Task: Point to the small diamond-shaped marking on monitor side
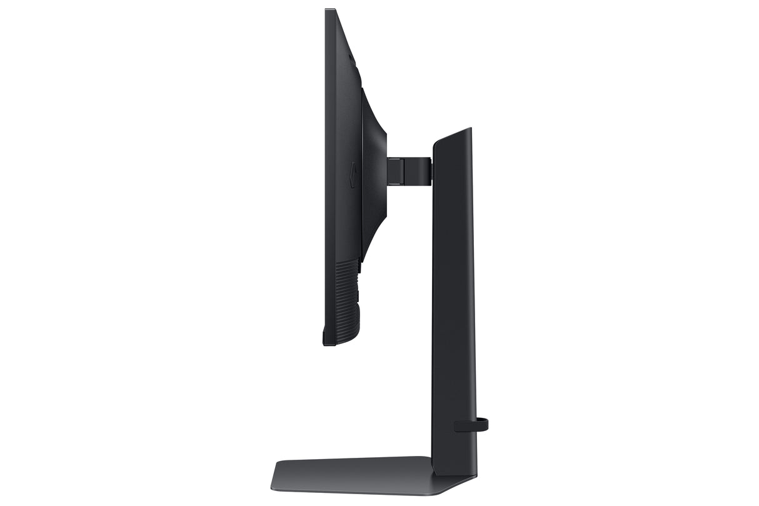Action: [353, 175]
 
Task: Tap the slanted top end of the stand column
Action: [451, 135]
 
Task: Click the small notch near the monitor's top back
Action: [351, 59]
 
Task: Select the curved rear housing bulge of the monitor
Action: [374, 175]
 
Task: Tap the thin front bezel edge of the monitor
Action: [326, 175]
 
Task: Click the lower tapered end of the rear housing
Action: [364, 253]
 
